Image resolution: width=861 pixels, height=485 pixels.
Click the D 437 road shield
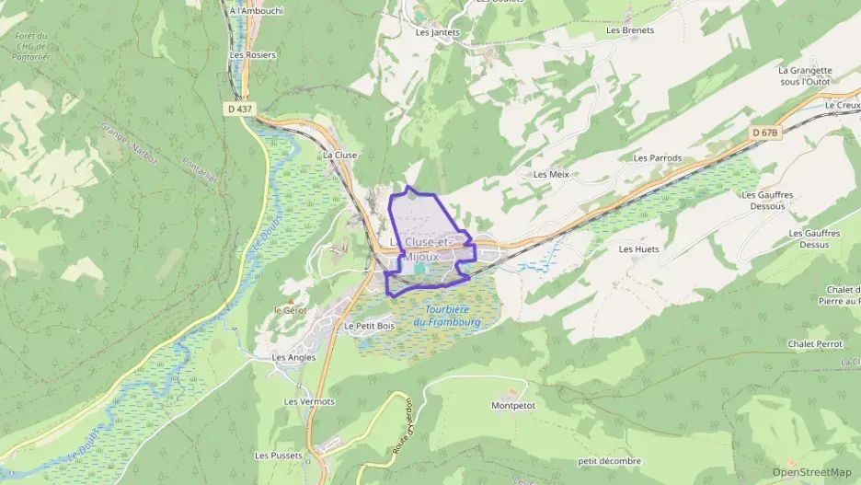(x=238, y=109)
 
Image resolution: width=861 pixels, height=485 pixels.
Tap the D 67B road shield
(x=764, y=133)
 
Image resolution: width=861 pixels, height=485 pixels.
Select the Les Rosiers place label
(x=252, y=54)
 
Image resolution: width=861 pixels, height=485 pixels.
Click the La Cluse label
(x=339, y=156)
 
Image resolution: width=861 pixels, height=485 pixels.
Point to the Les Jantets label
(x=437, y=32)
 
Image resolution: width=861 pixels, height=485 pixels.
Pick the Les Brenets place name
(x=630, y=30)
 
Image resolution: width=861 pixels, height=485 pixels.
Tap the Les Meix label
(x=552, y=174)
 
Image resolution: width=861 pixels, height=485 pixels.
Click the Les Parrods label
(x=658, y=158)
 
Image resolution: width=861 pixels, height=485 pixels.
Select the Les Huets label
(x=639, y=249)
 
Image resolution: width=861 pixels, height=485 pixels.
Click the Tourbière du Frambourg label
(x=448, y=315)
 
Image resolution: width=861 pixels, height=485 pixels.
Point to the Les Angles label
(x=293, y=357)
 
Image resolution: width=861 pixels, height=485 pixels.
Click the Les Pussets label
(x=277, y=456)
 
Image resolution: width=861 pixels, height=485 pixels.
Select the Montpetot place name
(x=513, y=405)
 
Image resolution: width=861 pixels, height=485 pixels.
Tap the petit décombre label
(x=609, y=461)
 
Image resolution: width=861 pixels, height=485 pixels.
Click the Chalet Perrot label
(x=815, y=344)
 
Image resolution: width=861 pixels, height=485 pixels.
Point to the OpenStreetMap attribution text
(x=811, y=472)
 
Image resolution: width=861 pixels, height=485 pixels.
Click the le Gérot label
(x=291, y=311)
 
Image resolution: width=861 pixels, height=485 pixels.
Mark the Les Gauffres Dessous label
(x=767, y=201)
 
